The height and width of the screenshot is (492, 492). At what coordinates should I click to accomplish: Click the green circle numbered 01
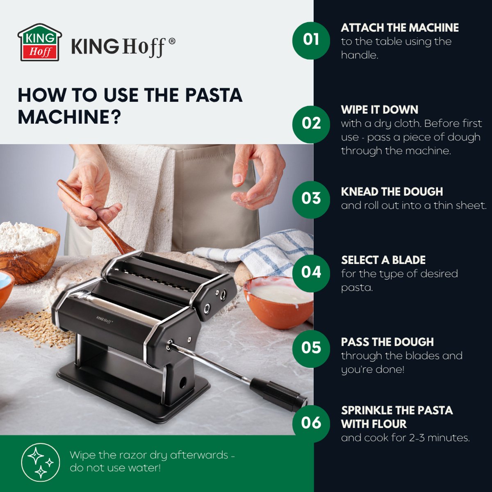coord(311,40)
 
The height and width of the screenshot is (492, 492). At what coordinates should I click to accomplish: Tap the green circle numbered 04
coord(311,273)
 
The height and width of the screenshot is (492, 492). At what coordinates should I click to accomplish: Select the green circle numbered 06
coord(311,423)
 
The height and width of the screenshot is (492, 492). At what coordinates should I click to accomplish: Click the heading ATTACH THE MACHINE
coord(399,28)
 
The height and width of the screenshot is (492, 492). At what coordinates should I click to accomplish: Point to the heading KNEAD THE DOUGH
coord(392,192)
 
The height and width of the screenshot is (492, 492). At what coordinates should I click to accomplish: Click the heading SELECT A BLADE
coord(383,260)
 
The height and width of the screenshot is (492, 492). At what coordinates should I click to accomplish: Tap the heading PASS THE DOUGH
coord(387,342)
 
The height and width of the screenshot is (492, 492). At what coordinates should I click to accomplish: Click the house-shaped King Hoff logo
coord(40,43)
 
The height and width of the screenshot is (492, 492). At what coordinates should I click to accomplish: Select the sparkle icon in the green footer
coord(40,462)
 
